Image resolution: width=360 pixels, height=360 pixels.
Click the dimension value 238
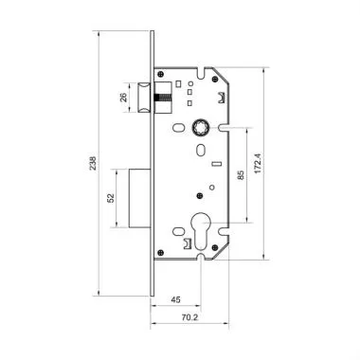pos(88,161)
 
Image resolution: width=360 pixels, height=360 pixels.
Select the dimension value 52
pos(112,198)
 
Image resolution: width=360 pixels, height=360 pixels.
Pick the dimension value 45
pos(175,302)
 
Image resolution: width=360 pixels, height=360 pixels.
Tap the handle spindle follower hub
pos(203,126)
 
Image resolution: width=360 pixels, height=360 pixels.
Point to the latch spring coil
pos(165,95)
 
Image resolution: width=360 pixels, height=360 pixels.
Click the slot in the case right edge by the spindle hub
pos(226,126)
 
